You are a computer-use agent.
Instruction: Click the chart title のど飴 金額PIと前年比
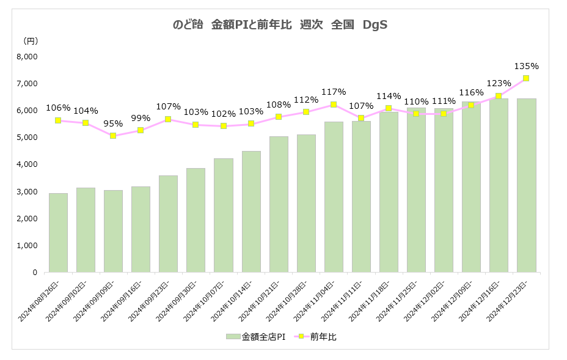(x=281, y=25)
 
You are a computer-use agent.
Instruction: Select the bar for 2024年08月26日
(x=58, y=232)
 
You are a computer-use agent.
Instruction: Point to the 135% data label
(x=527, y=66)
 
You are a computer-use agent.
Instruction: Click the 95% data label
(x=113, y=123)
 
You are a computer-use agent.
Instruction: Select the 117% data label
(x=334, y=92)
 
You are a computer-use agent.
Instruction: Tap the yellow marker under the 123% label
(x=499, y=96)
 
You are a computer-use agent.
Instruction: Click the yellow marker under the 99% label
(x=141, y=130)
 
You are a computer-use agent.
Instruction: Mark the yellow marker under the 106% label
(x=58, y=120)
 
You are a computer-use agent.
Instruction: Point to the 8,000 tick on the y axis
(x=27, y=57)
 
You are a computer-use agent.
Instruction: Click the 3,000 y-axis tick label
(x=27, y=192)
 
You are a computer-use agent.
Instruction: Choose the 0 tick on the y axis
(x=35, y=273)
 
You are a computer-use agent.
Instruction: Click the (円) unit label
(x=30, y=42)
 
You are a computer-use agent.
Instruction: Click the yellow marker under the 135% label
(x=526, y=78)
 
